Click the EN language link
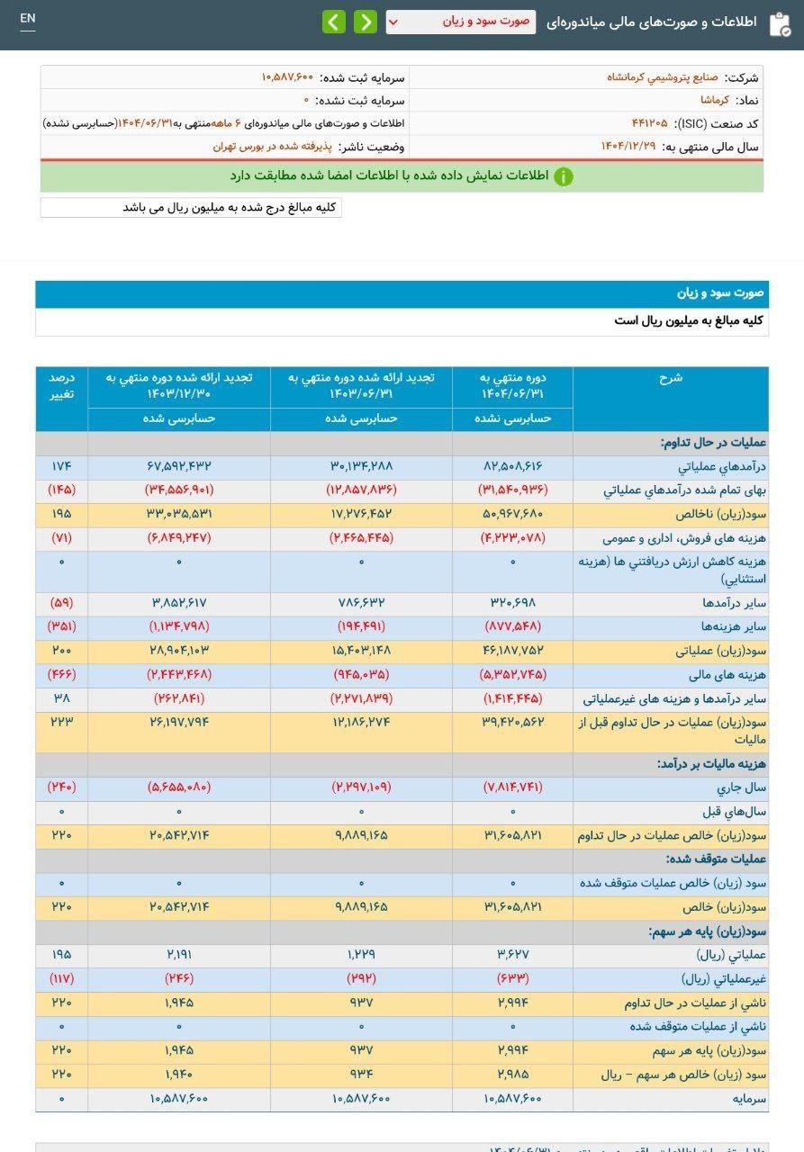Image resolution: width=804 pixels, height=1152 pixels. pos(28,19)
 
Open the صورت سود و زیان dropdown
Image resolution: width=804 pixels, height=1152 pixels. pos(460,22)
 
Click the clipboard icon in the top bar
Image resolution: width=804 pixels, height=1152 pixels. pos(780,23)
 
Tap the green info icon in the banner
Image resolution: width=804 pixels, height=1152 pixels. pos(564,176)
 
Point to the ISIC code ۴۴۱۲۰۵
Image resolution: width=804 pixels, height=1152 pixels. pos(649,123)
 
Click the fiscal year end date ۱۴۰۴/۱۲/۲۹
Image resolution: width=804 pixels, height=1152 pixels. pos(634,146)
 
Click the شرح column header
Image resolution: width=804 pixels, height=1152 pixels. pos(671,378)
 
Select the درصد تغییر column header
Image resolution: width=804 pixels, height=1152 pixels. pos(62,386)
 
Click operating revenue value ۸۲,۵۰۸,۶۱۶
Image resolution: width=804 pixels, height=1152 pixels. pos(513,466)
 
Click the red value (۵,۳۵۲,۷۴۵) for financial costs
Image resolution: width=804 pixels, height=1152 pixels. pos(513,673)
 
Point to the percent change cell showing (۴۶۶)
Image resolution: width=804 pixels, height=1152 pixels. pos(62,673)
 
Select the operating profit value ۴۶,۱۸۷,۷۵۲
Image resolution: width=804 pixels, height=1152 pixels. pos(513,650)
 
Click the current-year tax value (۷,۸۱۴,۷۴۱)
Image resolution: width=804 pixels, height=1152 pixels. pos(513,787)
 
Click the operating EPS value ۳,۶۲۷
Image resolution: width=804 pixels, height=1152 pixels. pos(513,954)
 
